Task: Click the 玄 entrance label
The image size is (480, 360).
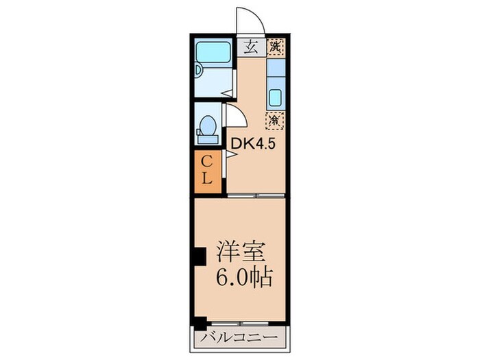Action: (251, 47)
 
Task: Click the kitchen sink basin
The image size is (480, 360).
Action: (276, 97)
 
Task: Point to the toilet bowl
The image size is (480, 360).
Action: (207, 127)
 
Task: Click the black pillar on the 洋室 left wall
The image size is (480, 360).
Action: (199, 256)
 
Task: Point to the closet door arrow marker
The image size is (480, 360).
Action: (231, 156)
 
